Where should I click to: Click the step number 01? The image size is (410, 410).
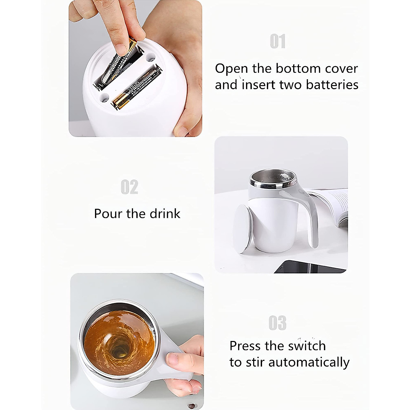coord(277,42)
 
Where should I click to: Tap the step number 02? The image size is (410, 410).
coord(129,187)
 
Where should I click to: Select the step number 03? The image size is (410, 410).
coord(277,323)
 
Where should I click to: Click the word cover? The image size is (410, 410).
coord(341,69)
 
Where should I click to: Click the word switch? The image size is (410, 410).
coord(306,346)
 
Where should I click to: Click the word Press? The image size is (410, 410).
coord(245,346)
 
